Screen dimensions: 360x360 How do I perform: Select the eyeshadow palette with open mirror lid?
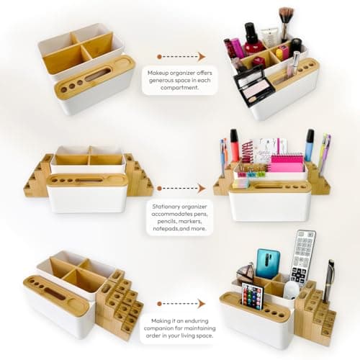(253, 84)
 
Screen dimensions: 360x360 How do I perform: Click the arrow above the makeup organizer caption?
(180, 55)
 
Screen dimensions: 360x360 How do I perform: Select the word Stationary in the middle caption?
(166, 204)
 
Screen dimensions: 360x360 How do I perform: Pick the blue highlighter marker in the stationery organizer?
(309, 144)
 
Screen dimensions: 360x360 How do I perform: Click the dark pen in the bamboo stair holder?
(328, 282)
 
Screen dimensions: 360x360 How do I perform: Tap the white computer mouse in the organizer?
(291, 289)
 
